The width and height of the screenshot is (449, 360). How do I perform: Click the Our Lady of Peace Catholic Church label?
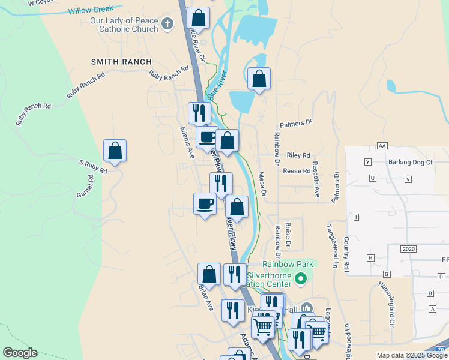pos(124,24)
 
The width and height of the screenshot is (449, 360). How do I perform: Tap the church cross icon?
pos(167,24)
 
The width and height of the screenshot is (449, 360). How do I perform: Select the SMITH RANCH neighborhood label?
pos(121,62)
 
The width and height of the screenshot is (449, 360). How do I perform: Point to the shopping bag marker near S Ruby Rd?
pos(115,151)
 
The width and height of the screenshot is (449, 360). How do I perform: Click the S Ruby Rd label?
pos(93,166)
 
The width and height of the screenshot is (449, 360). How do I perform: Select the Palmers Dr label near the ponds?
pos(300,122)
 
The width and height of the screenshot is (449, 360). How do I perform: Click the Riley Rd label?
pos(298,155)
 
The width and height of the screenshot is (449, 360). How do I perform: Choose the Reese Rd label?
pos(297,171)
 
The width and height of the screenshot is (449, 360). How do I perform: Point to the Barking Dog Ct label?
pos(411,162)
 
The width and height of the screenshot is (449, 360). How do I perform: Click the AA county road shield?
pos(382,146)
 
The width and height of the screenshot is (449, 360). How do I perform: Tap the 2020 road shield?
pos(409,248)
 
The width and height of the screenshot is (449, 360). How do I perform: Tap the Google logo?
pos(20,353)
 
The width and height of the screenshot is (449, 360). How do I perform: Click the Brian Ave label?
pos(206,297)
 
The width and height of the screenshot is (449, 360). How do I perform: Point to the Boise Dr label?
pos(288,235)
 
